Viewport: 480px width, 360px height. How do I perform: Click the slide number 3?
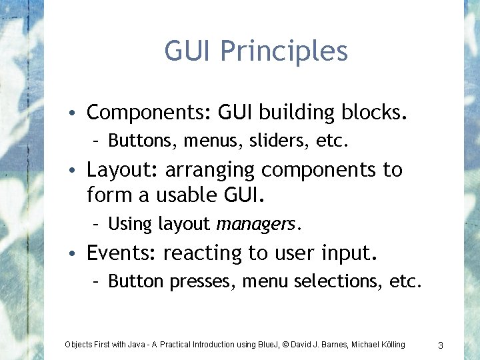[441, 345]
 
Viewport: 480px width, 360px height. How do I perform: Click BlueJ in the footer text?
[268, 345]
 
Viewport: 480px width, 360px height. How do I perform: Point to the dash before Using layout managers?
[97, 224]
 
